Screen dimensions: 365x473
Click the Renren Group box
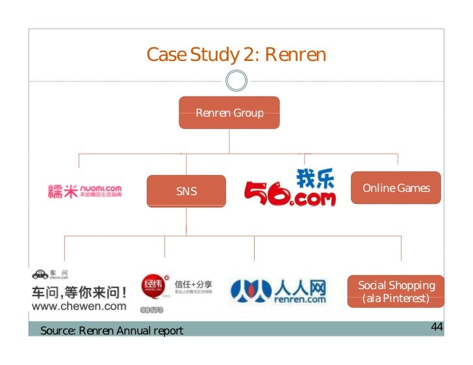(x=229, y=113)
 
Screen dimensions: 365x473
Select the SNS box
(x=186, y=191)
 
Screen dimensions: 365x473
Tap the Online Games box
(x=396, y=188)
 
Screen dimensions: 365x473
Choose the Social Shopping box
(x=396, y=292)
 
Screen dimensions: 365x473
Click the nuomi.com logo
(x=84, y=191)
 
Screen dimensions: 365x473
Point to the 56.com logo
(x=290, y=189)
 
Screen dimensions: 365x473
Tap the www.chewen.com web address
(x=79, y=306)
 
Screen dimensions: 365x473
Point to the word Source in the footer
(x=57, y=331)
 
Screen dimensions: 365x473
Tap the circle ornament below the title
(x=236, y=81)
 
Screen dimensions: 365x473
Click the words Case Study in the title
(x=193, y=54)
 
